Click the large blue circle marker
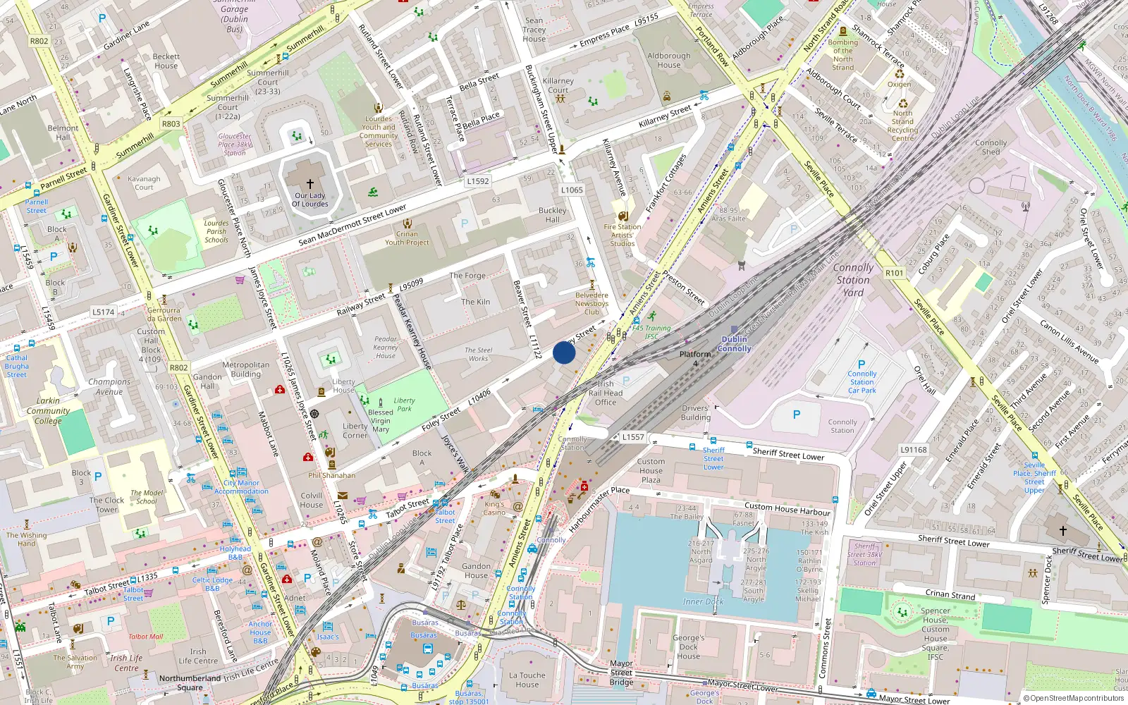pos(564,352)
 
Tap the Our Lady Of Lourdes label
pos(310,200)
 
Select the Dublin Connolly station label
pos(735,344)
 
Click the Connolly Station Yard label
pos(853,280)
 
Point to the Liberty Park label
pos(404,404)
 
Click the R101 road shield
pos(894,273)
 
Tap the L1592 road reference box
pos(477,181)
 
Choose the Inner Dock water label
pos(703,601)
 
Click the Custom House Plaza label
pos(651,470)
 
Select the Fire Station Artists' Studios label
pos(622,235)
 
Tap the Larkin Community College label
pos(48,410)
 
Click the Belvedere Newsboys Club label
pos(591,304)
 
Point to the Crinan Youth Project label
pos(407,238)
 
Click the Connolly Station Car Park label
pos(862,381)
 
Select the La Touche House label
pos(527,680)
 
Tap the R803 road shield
pos(171,123)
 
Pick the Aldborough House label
pos(669,60)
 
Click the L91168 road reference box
pos(913,450)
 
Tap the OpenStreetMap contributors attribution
pos(1073,698)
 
